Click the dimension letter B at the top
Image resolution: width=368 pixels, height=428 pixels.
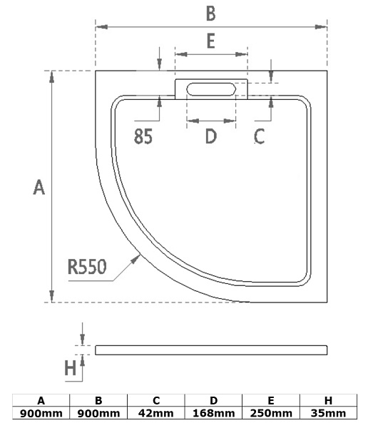pos(211,14)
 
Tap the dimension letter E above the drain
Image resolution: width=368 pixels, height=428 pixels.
pos(211,41)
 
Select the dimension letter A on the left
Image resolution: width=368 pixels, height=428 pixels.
pos(39,187)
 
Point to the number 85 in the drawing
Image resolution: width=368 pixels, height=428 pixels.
pos(143,136)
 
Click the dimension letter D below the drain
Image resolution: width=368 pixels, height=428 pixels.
pos(211,136)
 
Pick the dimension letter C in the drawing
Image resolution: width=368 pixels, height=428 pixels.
pos(259,136)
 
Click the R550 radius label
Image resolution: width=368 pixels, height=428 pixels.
pos(87,267)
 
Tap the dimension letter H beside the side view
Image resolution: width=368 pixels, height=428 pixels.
pos(71,367)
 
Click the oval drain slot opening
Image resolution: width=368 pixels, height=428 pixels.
pos(211,89)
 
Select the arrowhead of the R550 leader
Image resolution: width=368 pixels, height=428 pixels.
pos(136,259)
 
